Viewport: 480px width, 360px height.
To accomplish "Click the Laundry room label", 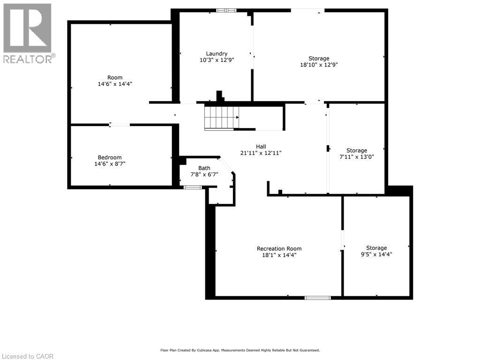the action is coord(217,53).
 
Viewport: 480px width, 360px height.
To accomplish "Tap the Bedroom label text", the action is coord(110,157).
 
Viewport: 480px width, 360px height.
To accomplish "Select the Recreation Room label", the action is coord(279,248).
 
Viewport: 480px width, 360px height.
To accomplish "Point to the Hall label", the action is coord(261,147).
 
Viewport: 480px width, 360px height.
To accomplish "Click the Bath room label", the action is coord(204,168).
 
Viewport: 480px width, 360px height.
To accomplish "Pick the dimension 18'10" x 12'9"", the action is coord(319,65).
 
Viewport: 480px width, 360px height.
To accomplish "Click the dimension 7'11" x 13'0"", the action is coord(357,157).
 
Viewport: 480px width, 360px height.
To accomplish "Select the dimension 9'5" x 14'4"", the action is coord(376,255).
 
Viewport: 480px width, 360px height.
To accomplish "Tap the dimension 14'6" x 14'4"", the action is coord(115,84).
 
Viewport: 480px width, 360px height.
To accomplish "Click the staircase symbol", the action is coord(222,118).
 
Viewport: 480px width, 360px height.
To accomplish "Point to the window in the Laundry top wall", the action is coord(226,10).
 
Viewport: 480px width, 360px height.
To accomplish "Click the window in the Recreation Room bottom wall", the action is coord(318,298).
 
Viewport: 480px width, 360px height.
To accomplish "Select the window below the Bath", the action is coord(193,187).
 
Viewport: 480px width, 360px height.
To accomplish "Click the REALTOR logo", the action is coord(29,33).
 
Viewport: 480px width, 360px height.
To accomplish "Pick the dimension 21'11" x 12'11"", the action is coord(261,153).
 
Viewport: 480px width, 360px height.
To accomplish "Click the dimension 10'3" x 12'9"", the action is coord(217,60).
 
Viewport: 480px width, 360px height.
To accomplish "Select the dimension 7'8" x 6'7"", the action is coord(204,174).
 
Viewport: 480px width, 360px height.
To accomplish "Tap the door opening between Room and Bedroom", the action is coord(120,125).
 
